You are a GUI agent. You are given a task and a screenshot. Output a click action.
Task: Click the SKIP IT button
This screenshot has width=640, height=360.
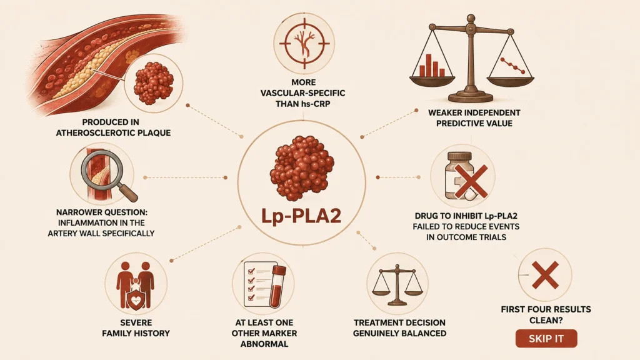546,338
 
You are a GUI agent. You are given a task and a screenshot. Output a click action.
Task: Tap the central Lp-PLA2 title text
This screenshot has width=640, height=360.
301,216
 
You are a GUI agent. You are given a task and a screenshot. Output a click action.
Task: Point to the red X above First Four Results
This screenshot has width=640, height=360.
545,275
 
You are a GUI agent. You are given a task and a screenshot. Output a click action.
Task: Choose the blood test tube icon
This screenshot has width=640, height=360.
278,286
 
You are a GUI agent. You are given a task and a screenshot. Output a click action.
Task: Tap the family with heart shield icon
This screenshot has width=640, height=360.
136,286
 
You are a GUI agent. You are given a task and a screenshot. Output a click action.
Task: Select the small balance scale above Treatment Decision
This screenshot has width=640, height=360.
397,285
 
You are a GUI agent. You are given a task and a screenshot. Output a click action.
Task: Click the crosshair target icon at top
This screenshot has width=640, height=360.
304,43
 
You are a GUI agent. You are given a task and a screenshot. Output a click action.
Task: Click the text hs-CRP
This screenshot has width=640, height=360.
316,104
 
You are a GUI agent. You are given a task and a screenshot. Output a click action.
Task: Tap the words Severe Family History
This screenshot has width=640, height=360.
136,327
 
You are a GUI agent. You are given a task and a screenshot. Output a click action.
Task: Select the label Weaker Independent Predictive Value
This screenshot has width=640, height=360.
474,118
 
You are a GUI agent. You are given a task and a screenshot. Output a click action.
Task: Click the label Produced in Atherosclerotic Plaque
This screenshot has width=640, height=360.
114,127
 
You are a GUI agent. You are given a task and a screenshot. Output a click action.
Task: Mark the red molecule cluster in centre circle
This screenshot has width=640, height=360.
302,168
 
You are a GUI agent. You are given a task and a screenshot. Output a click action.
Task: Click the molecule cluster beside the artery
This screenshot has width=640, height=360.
154,83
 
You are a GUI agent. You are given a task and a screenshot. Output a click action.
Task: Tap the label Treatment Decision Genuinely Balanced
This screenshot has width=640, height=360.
399,327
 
